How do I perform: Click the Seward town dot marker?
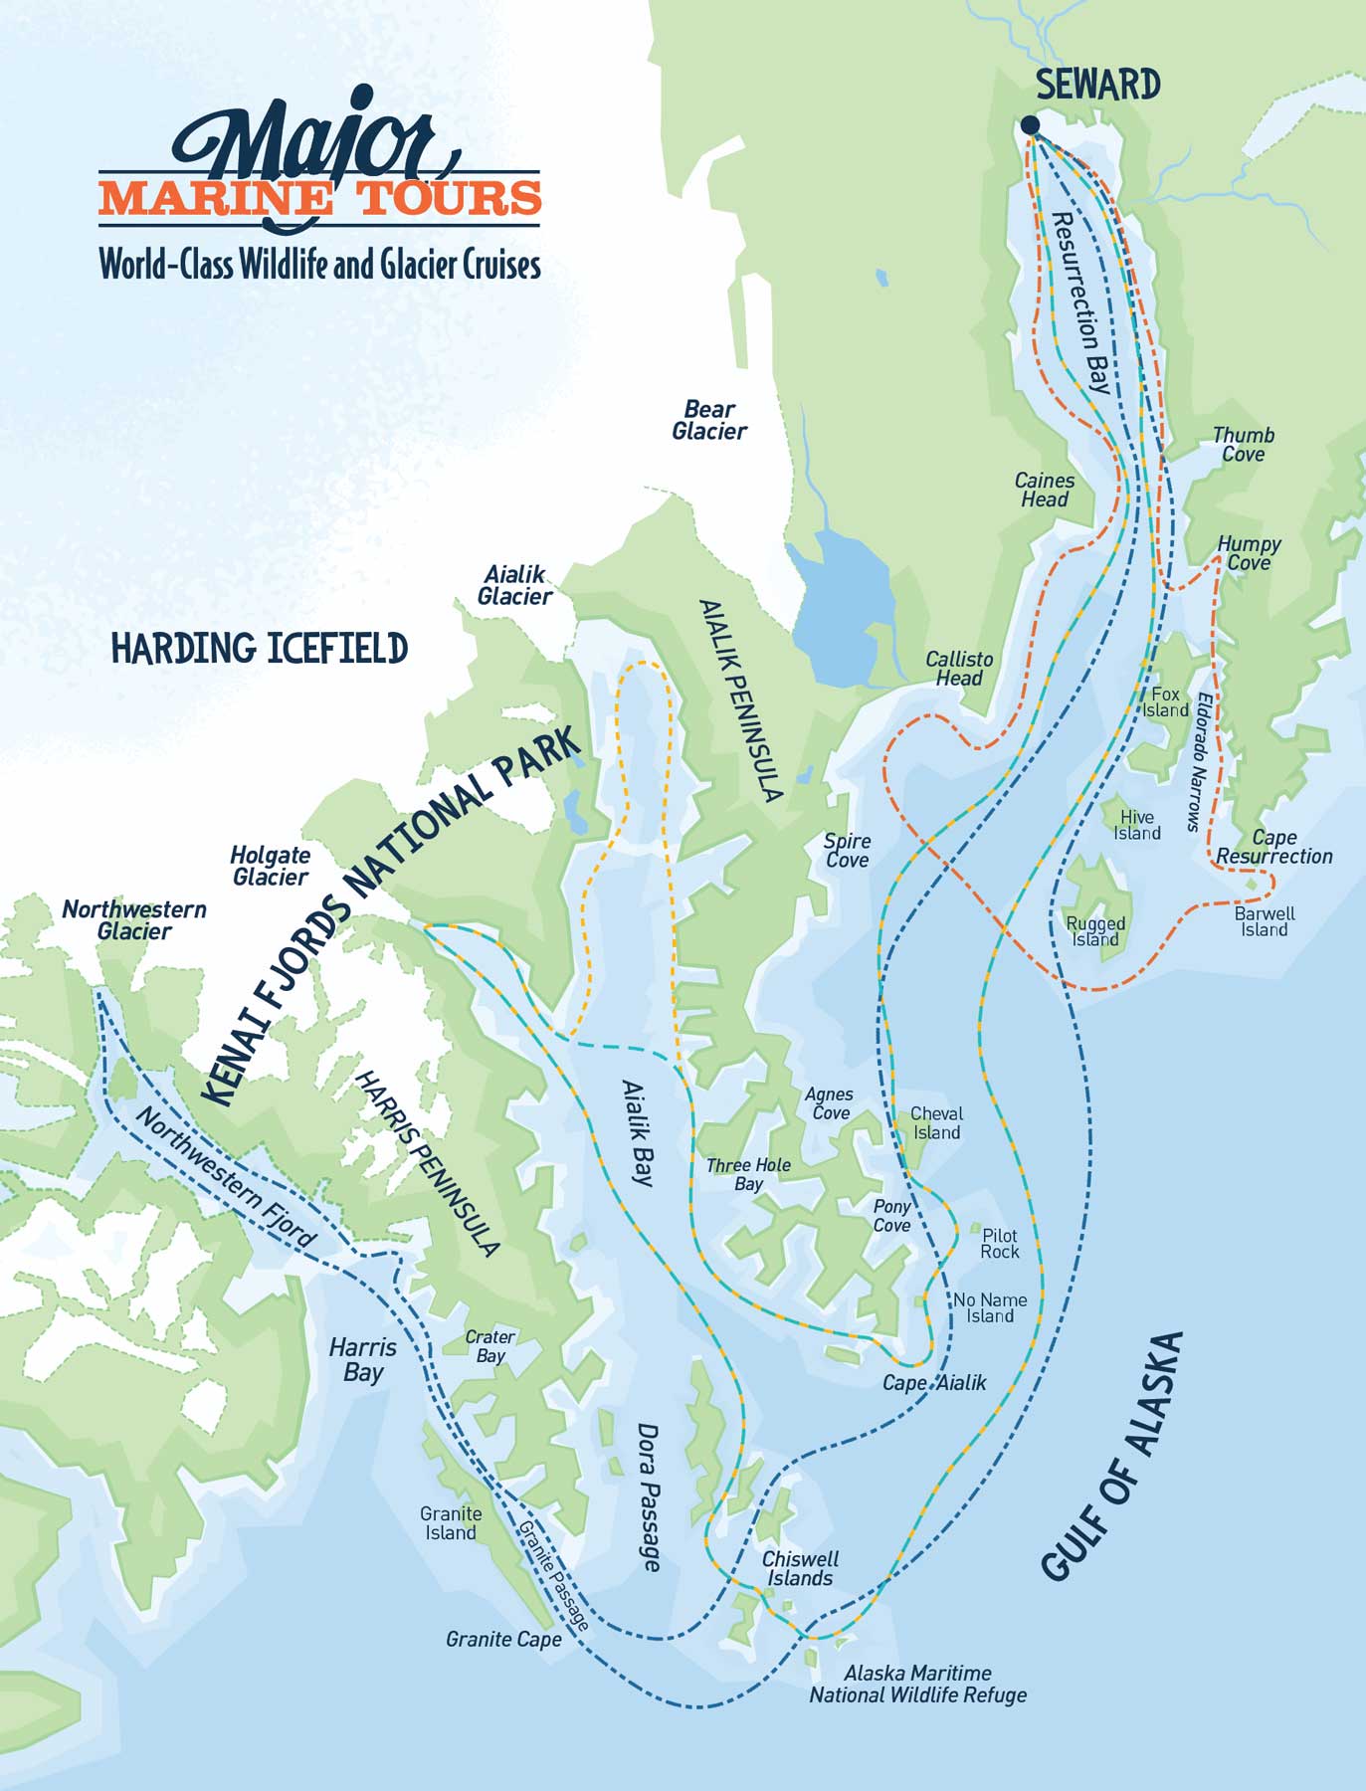[x=1030, y=124]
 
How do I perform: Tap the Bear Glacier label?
[x=709, y=421]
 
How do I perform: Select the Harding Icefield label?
[x=259, y=649]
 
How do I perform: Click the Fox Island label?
[x=1165, y=702]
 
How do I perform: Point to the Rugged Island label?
[x=1095, y=931]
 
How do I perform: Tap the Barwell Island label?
[x=1265, y=921]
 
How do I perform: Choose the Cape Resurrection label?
[x=1274, y=847]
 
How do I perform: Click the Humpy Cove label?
[x=1249, y=553]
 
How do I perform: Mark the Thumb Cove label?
[x=1244, y=445]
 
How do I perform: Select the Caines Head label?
[x=1045, y=490]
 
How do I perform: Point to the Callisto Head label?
[x=959, y=669]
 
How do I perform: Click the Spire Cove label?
[x=848, y=851]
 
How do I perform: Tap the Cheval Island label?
[x=936, y=1123]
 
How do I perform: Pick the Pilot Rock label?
[x=1000, y=1244]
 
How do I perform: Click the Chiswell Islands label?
[x=800, y=1568]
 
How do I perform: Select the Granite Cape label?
[x=503, y=1639]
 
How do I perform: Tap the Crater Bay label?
[x=489, y=1346]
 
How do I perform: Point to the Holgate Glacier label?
[x=270, y=866]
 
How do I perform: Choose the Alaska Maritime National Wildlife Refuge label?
[x=917, y=1684]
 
